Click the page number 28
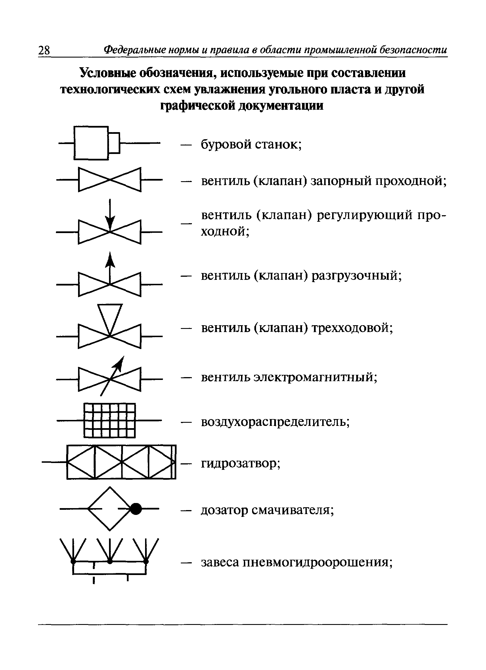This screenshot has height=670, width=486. click(44, 50)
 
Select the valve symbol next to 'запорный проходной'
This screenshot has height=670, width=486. click(110, 179)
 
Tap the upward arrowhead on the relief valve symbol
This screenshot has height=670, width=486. click(110, 259)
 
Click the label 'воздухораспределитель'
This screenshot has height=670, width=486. click(275, 422)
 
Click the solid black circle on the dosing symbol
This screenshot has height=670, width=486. click(136, 509)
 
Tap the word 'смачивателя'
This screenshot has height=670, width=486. click(293, 510)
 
